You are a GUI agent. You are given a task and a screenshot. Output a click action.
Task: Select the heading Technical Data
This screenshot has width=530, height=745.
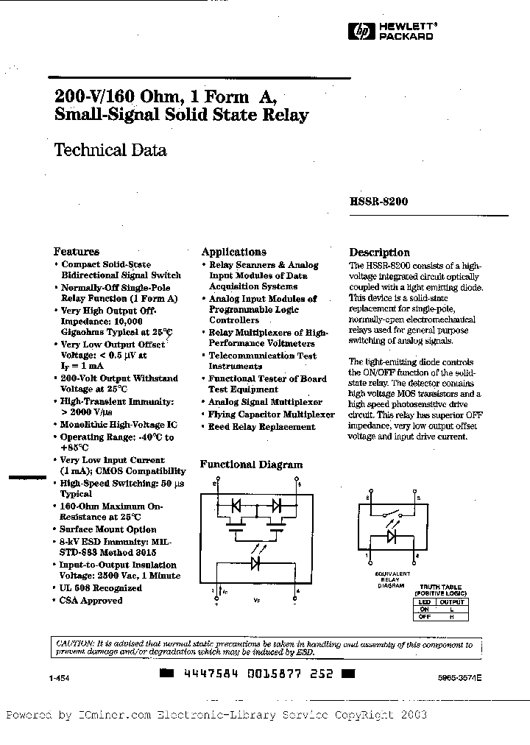[110, 150]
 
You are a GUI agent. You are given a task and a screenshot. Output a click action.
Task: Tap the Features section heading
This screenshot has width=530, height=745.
[77, 251]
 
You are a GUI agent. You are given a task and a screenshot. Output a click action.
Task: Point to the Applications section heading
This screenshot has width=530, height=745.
[233, 251]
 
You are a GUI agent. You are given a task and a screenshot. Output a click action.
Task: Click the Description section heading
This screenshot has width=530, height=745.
[379, 252]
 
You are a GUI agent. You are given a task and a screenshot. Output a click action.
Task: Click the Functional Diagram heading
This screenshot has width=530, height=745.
[251, 465]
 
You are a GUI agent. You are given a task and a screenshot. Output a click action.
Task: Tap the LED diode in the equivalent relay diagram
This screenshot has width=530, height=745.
[392, 536]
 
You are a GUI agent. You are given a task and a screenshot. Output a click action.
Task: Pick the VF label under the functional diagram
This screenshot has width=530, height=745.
[256, 601]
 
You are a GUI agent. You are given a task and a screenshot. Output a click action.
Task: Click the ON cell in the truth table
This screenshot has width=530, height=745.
[423, 608]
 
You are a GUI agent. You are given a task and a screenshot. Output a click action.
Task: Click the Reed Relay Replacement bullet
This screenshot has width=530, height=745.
[262, 427]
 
